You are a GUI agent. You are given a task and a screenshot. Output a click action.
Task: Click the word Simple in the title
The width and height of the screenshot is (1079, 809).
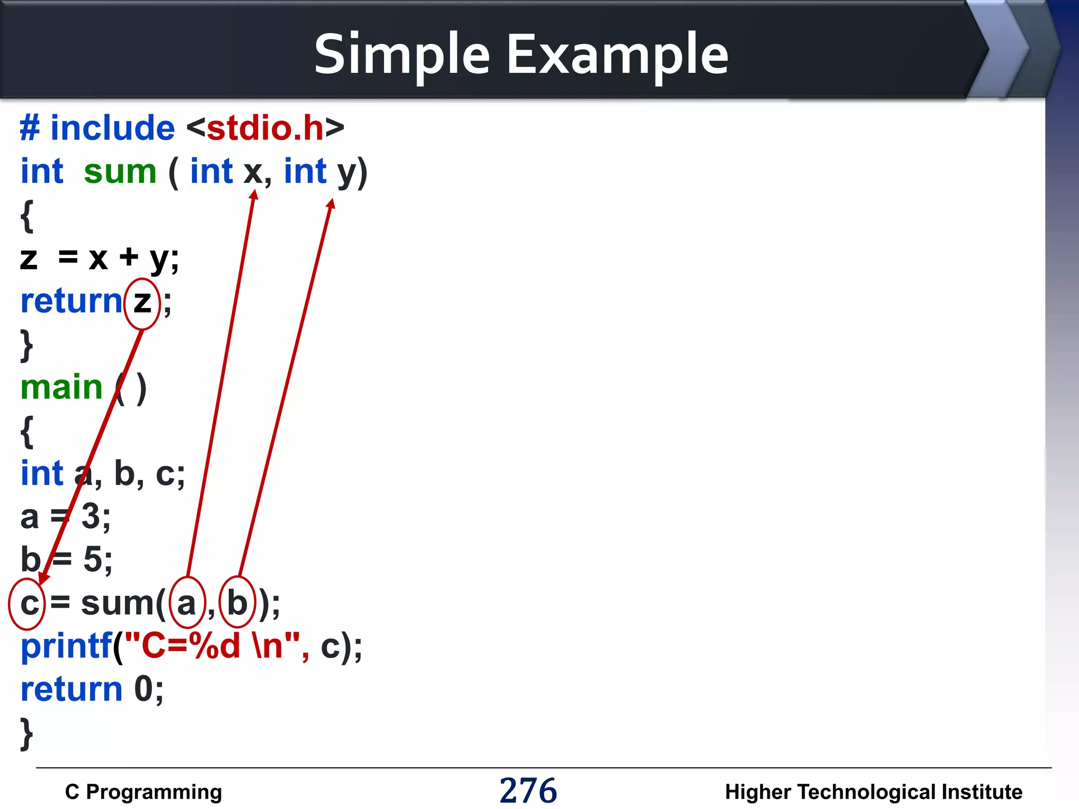402,55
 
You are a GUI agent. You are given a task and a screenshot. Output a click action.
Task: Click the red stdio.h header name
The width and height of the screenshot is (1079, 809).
265,128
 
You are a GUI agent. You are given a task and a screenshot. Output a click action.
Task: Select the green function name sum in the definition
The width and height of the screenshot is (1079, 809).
120,172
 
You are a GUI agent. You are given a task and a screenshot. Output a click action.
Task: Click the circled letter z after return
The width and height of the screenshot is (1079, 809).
142,303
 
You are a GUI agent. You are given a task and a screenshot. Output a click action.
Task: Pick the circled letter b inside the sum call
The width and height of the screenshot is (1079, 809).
237,603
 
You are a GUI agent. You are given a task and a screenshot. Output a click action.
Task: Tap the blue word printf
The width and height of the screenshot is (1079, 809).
66,647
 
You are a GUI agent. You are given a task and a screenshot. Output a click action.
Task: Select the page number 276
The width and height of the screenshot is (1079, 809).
528,791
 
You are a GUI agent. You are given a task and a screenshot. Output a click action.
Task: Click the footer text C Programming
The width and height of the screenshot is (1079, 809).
143,792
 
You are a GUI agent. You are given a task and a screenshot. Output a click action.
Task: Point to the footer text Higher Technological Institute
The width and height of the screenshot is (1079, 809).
874,792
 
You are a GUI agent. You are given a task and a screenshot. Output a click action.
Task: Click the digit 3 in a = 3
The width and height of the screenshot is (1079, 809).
90,516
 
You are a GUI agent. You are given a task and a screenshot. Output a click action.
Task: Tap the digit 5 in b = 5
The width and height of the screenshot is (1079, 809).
93,559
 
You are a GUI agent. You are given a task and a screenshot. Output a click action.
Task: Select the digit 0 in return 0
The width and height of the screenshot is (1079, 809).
143,689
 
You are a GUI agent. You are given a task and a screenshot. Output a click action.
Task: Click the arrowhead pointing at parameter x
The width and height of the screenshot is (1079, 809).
254,195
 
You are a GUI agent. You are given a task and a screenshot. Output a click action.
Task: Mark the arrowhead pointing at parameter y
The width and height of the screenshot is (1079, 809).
331,204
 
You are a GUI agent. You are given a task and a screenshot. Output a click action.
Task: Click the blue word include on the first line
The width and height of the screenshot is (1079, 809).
112,128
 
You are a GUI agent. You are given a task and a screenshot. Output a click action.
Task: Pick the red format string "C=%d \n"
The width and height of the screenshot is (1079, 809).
217,646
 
